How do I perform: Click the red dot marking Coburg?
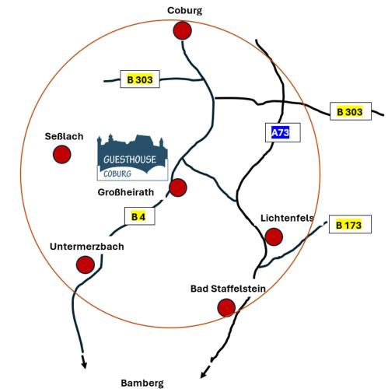[x=183, y=30]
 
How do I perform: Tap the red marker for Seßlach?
[x=62, y=154]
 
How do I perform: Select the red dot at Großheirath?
[x=178, y=187]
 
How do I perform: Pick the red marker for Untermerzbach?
[x=86, y=265]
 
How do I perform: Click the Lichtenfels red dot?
[x=274, y=237]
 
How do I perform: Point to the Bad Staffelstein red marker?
[x=226, y=307]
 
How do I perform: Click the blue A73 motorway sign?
[x=280, y=132]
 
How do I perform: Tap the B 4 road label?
[x=140, y=216]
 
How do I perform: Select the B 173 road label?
[x=350, y=224]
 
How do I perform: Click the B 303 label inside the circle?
[x=140, y=79]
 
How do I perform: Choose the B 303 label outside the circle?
[x=351, y=111]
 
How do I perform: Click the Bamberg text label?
[x=142, y=383]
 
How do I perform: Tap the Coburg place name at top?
[x=184, y=11]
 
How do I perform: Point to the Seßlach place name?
[x=64, y=136]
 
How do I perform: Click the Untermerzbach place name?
[x=87, y=247]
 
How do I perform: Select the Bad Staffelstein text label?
[x=228, y=289]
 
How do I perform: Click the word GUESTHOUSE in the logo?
[x=130, y=159]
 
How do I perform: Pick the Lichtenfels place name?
[x=287, y=218]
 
